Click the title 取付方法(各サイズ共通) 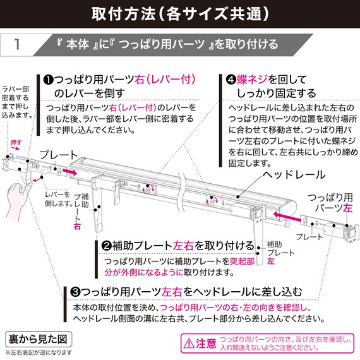(x=179, y=13)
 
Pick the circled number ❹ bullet (x=232, y=80)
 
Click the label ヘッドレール (x=294, y=174)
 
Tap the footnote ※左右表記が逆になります (x=38, y=352)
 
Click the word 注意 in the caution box (x=206, y=344)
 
